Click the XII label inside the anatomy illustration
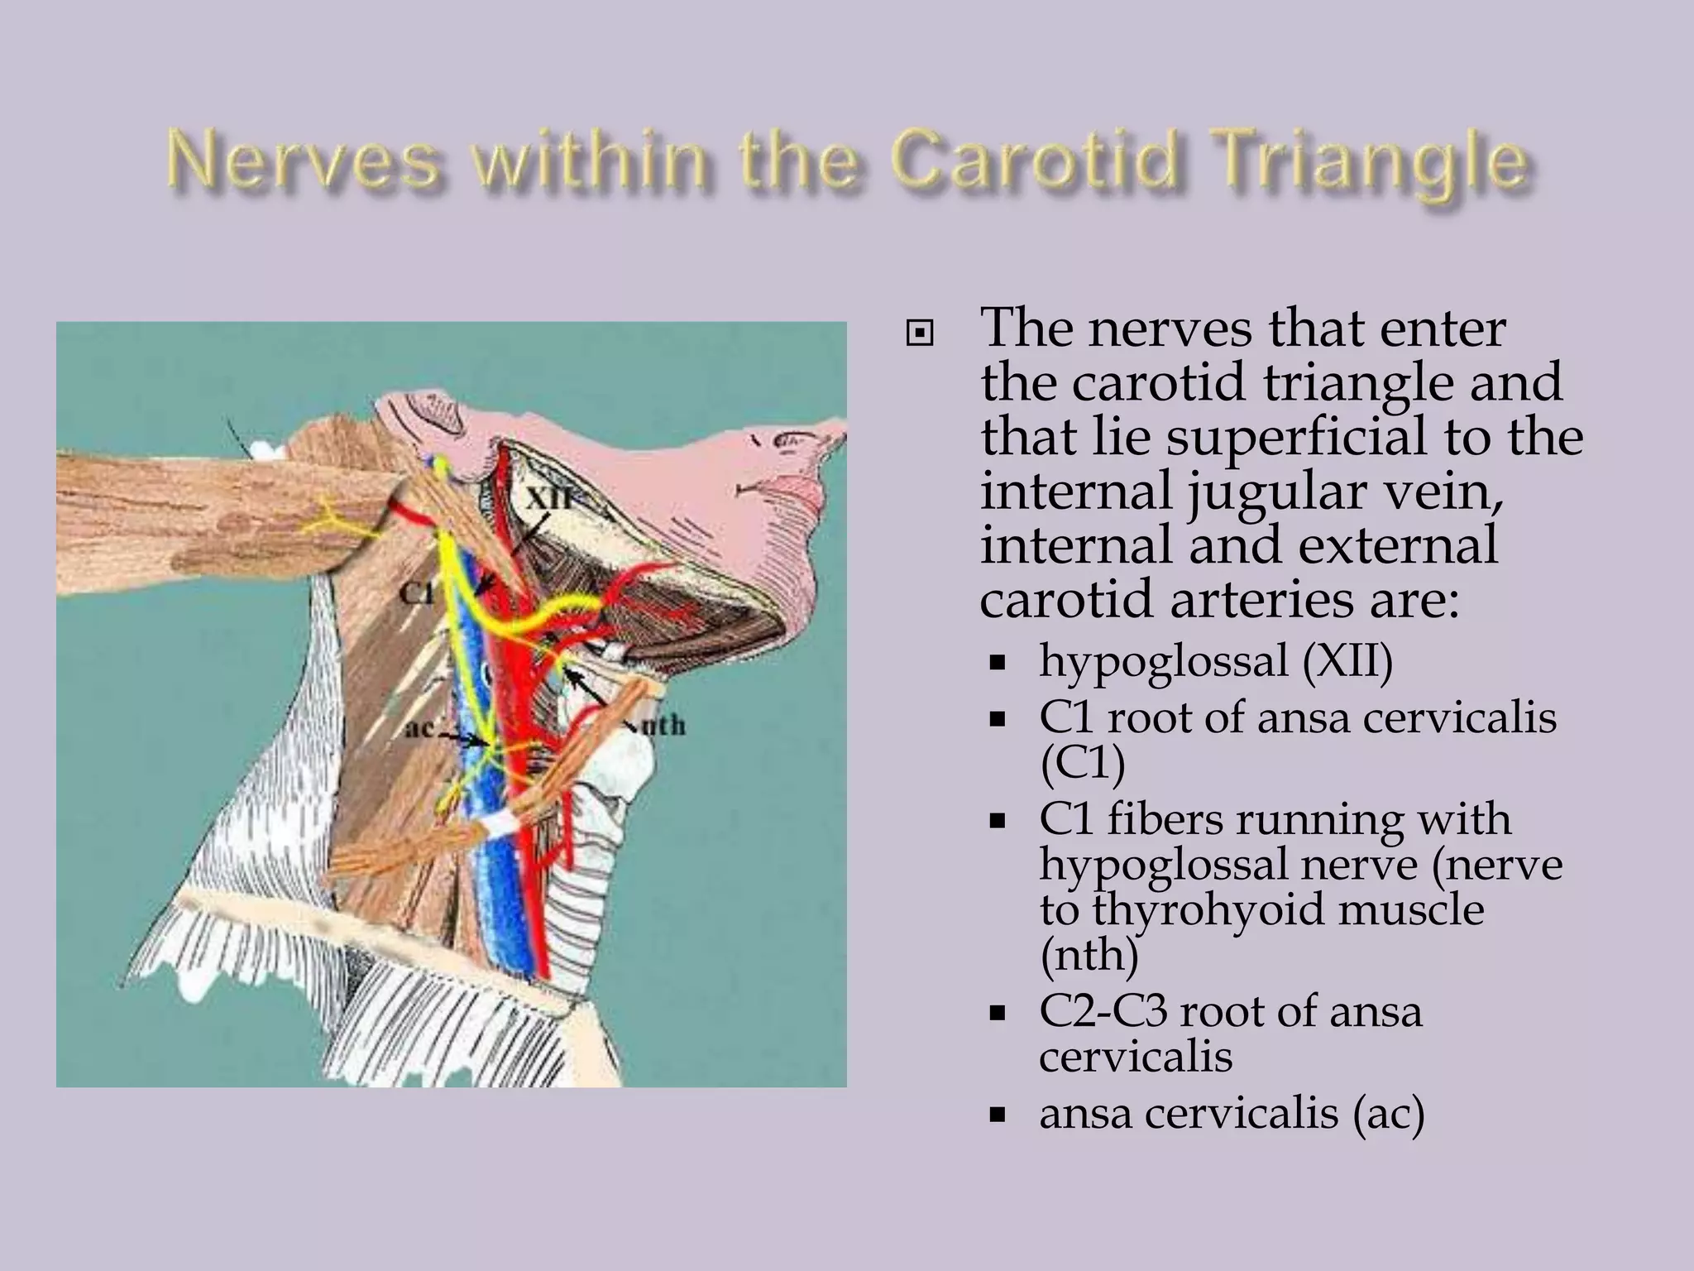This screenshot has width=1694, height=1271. pos(550,499)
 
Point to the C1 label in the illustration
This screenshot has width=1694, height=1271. pos(416,592)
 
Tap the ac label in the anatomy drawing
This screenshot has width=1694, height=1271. pos(421,729)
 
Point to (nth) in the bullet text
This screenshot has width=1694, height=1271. pos(1089,955)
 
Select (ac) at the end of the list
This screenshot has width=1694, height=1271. pos(1389,1113)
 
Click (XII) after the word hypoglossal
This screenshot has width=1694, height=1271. pos(1348,662)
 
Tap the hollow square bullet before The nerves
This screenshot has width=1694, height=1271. pos(919,334)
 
